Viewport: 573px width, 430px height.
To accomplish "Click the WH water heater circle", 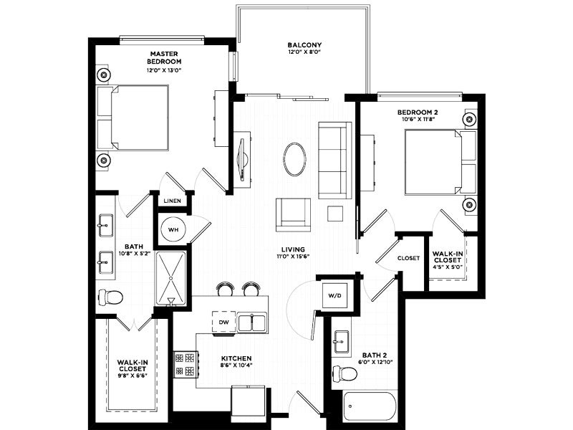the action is coord(173,229).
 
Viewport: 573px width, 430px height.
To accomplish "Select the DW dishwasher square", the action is coord(223,322).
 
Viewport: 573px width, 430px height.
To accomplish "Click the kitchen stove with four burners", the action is coord(185,364).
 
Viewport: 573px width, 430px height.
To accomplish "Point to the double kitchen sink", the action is coord(252,322).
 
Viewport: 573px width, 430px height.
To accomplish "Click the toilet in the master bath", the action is coord(110,297).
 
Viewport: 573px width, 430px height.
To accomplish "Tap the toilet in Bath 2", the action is coord(345,373).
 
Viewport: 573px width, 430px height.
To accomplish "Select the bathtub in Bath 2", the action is coord(370,406).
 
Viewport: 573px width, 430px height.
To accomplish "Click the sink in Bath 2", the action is coord(341,342).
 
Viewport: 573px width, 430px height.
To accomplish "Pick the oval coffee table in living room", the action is coord(294,159).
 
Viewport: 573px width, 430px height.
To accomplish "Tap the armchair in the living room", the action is coord(293,214).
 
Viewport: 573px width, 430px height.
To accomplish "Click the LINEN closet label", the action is coord(172,201).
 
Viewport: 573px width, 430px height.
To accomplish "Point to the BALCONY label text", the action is coord(304,45).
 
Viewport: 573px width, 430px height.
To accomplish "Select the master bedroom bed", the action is coord(133,118).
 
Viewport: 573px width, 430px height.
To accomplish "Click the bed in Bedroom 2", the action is coord(440,162).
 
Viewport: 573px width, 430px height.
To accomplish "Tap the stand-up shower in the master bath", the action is coord(170,278).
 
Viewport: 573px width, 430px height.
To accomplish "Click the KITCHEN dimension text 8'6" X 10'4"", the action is coord(236,365).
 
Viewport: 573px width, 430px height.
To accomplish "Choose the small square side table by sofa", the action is coord(335,214).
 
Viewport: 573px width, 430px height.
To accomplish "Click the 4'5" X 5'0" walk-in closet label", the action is coord(448,267).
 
